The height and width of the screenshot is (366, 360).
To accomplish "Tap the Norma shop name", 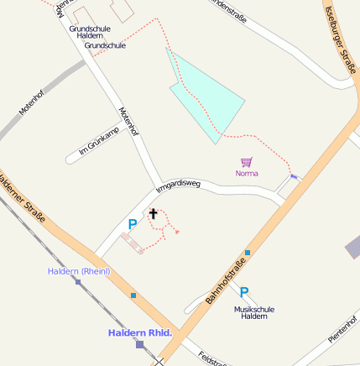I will pos(247,173).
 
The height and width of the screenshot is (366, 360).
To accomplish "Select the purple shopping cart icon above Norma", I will pos(246,161).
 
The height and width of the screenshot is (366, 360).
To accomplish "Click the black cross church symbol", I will pos(153,213).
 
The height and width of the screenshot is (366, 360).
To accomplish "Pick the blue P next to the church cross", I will pos(132,224).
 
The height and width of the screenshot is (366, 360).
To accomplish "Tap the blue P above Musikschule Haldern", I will pos(244,292).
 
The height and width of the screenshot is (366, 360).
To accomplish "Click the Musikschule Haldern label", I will pos(251,311).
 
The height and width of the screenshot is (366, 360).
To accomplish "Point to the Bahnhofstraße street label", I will pos(226,281).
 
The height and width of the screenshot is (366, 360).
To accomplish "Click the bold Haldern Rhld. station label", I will pos(139,333).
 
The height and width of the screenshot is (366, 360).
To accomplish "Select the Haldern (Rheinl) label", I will pos(79,270).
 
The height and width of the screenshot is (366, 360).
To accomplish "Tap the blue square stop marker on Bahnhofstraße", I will pos(248,252).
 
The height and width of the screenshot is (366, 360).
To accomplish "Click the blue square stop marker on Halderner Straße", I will pos(133,295).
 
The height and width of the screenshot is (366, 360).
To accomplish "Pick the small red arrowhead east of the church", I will pos(177,232).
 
